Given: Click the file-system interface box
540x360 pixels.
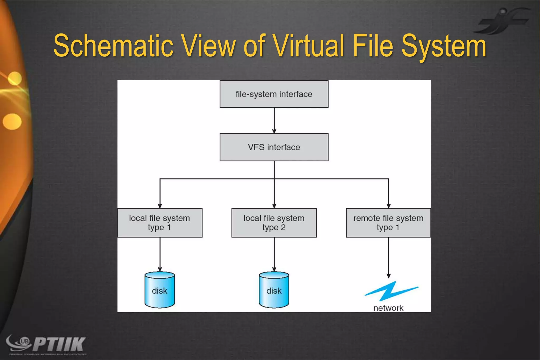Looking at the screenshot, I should tap(274, 94).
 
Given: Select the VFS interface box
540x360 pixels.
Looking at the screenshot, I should tap(274, 147).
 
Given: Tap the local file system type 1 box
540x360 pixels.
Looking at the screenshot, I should tap(160, 223).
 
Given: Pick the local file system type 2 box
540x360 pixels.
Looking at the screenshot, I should tap(274, 223).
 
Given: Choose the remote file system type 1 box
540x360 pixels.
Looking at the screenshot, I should tap(388, 223).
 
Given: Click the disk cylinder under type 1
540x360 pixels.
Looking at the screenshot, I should tap(160, 290).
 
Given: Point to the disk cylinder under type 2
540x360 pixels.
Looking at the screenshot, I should tap(274, 290).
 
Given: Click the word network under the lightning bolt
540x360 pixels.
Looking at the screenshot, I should tap(388, 308).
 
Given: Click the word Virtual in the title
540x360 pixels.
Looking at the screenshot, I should tap(308, 46).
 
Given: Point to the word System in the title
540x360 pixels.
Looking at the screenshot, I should tap(443, 46).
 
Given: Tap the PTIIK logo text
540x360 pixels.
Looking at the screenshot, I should tap(59, 344).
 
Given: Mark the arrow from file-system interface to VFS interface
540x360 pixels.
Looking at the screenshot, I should tap(274, 120).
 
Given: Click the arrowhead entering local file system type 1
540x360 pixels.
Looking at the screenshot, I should tap(160, 206).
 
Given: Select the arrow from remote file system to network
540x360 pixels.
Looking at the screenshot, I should tap(388, 257).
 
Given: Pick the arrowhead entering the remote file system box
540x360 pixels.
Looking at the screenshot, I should tap(388, 206).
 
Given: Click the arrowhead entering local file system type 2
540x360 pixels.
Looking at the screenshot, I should tap(274, 206).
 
